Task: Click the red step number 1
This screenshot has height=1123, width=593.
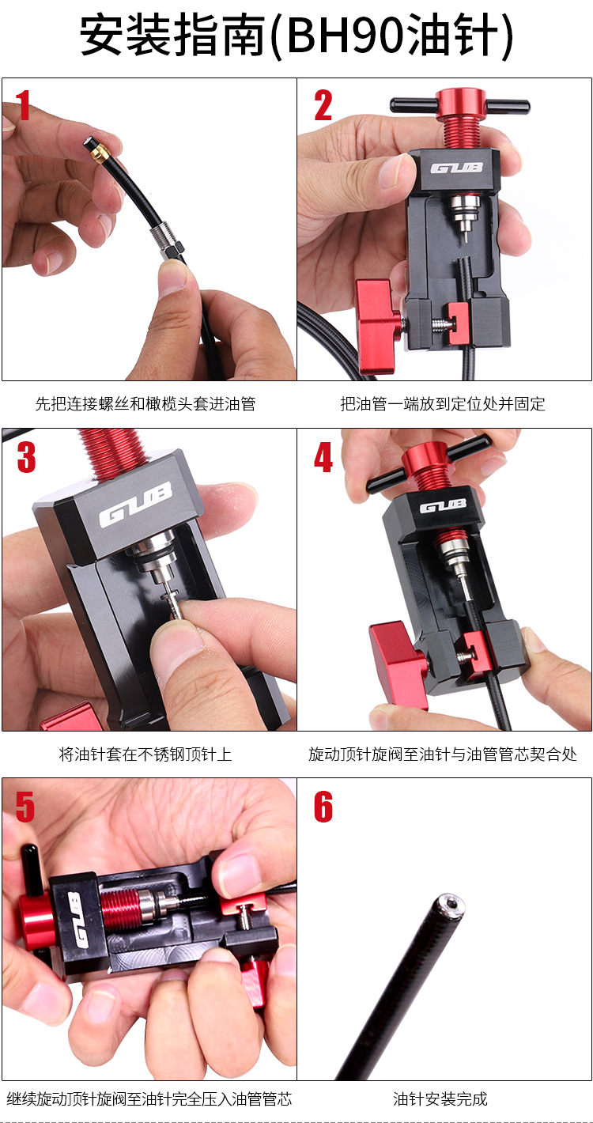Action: click(x=23, y=105)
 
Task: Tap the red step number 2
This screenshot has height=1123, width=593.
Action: click(x=323, y=105)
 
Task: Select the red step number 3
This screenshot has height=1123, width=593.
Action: click(x=26, y=457)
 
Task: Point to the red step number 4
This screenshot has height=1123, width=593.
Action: click(x=324, y=457)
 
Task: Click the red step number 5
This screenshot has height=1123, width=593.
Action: click(x=25, y=807)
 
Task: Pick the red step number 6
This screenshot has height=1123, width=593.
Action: click(x=323, y=807)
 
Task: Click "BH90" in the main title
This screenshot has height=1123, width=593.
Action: click(x=346, y=35)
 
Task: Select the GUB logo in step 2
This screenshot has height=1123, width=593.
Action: click(x=456, y=168)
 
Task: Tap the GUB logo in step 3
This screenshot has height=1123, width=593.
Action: click(x=136, y=505)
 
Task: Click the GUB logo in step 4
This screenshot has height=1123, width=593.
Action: click(x=443, y=507)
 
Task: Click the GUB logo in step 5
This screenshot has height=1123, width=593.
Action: click(x=77, y=920)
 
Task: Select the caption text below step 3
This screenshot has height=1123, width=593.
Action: click(x=145, y=754)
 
